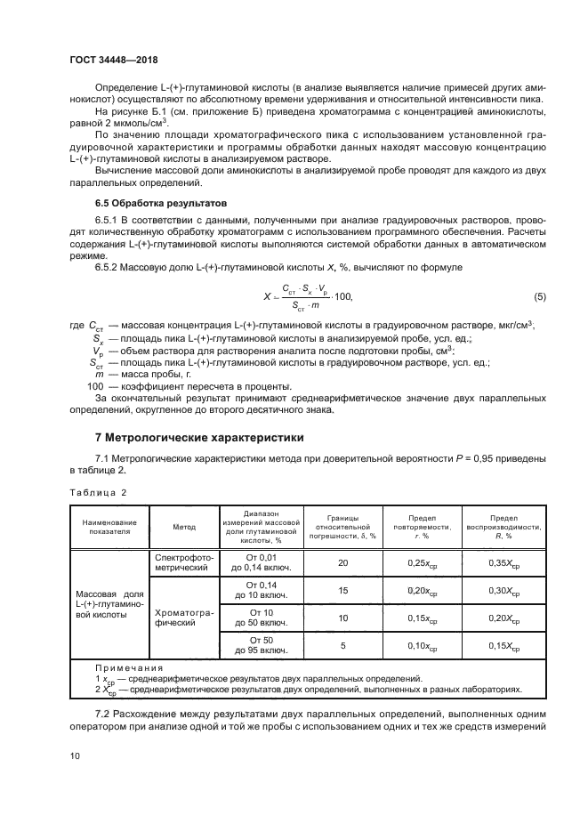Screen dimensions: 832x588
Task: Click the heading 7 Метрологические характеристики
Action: (x=199, y=437)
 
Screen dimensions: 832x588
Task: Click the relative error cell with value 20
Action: (x=342, y=562)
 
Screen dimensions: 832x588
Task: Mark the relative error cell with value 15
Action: (x=342, y=590)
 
